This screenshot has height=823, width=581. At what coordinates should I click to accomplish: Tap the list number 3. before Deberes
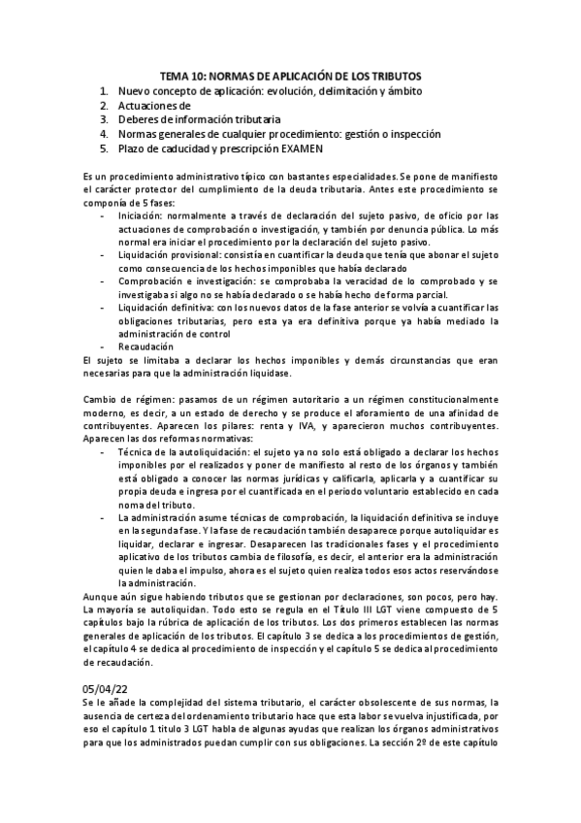[x=104, y=119]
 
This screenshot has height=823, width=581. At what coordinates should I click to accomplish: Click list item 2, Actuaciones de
[x=154, y=105]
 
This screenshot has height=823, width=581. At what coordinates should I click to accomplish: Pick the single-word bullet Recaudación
[x=145, y=346]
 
